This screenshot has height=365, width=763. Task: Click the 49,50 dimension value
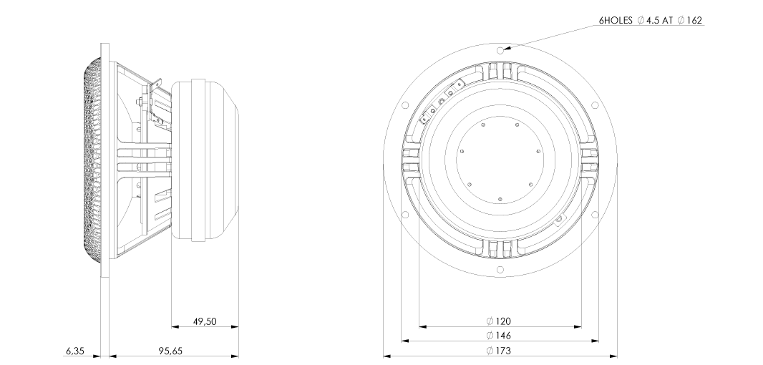(205, 321)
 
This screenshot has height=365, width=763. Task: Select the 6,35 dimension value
(74, 351)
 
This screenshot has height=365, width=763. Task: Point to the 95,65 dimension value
(171, 351)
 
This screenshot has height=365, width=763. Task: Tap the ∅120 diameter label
(499, 321)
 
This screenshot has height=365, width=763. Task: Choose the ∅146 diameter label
(499, 336)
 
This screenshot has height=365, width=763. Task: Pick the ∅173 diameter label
(499, 350)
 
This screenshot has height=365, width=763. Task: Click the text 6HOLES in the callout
(616, 21)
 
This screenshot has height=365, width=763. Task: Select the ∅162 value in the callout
(690, 21)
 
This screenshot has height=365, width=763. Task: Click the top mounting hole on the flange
(500, 50)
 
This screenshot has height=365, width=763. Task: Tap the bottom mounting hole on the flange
(500, 270)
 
